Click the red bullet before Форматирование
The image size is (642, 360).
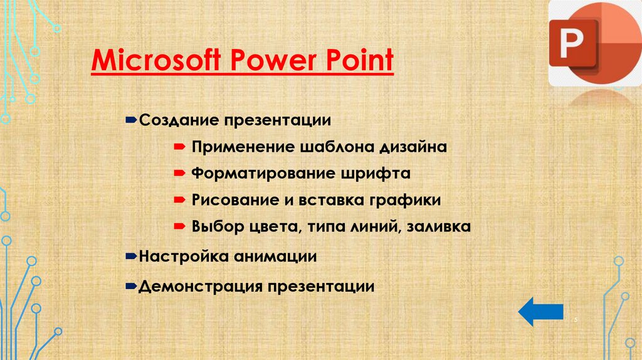tap(179, 172)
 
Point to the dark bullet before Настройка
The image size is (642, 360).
tap(132, 256)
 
